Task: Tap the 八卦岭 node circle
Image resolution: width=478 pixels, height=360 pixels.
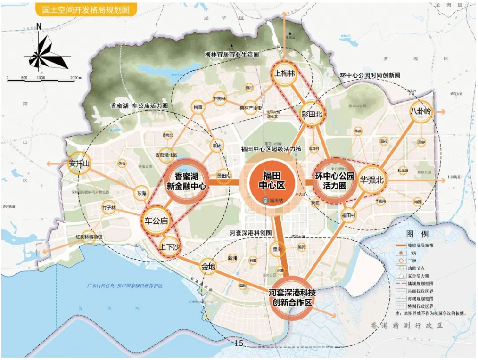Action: tap(420, 112)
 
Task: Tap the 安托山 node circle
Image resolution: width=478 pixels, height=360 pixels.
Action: tap(79, 164)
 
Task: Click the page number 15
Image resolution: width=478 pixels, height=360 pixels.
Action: tap(239, 344)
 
